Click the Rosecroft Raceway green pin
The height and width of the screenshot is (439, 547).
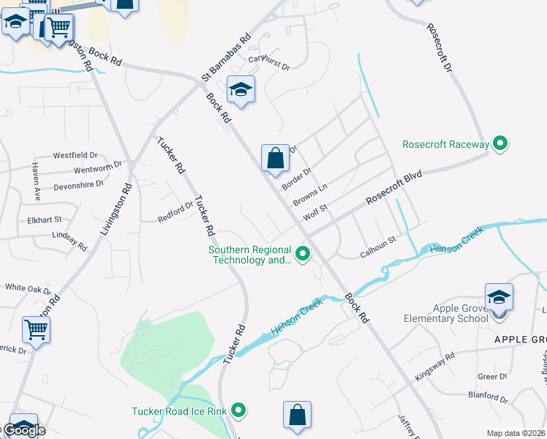[500, 144]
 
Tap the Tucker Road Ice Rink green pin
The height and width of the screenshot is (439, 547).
[238, 411]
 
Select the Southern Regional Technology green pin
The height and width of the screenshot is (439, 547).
[302, 255]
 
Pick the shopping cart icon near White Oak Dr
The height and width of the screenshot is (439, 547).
[36, 330]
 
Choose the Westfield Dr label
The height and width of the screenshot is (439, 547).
[75, 155]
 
